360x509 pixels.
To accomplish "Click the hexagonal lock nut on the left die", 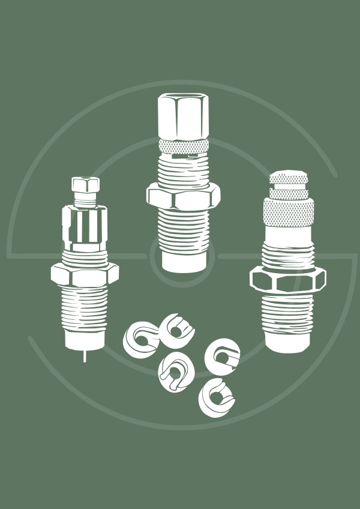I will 85,274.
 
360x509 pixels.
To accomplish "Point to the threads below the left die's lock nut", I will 85,309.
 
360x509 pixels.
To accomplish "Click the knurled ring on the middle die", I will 183,146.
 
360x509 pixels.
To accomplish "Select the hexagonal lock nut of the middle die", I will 183,196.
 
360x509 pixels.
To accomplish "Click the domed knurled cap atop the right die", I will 289,178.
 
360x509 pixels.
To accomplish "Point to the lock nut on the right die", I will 287,279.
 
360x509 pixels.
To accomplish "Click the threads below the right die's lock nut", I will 287,315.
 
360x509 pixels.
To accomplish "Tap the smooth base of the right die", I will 288,342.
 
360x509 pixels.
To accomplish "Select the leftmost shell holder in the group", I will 140,337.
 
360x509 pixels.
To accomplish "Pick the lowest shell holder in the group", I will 216,397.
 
